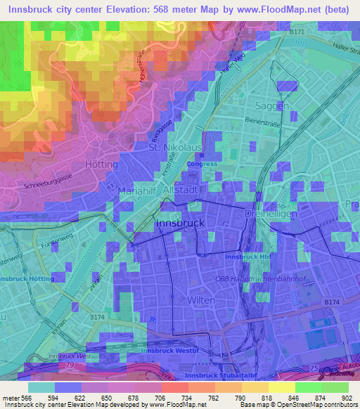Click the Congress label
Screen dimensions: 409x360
click(x=202, y=164)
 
